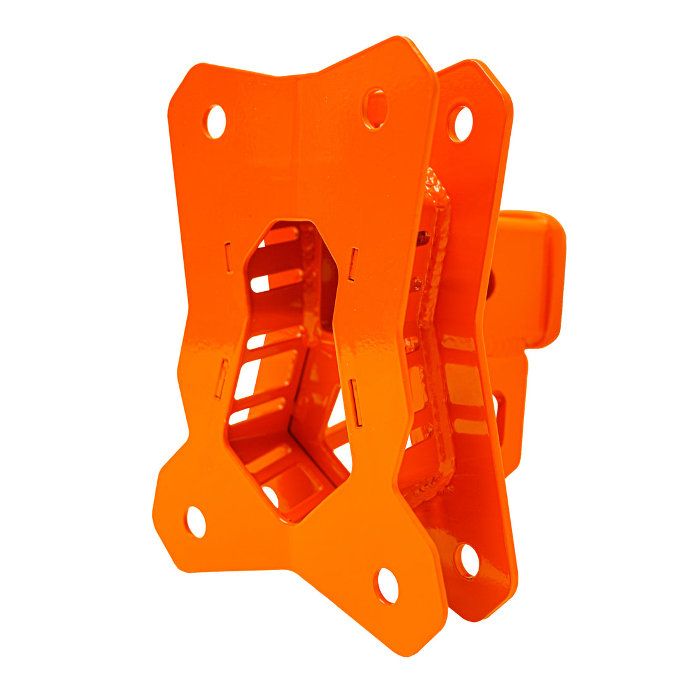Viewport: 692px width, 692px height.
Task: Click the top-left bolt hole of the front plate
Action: click(215, 122)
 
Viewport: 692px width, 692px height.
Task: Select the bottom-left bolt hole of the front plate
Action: click(196, 522)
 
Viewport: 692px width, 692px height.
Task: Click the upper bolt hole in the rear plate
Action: click(460, 124)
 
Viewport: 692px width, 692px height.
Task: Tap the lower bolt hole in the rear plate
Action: click(468, 560)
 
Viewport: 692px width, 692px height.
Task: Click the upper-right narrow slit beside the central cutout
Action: click(354, 263)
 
